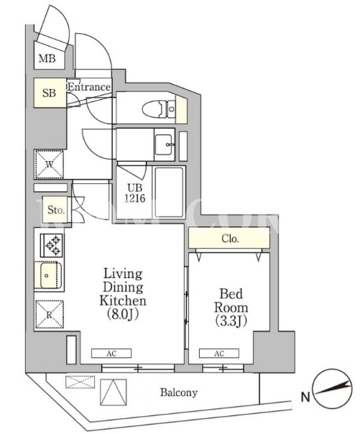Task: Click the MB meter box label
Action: pos(47,58)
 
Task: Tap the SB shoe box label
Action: pos(49,93)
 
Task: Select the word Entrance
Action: pos(89,87)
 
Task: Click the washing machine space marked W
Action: pos(50,165)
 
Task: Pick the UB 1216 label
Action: pos(135,193)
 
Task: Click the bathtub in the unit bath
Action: pos(169,192)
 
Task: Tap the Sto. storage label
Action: pos(56,210)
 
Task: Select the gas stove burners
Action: pos(52,245)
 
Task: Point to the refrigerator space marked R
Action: pos(50,315)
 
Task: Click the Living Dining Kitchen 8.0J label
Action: pos(123,294)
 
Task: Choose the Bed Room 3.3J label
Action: pos(231,308)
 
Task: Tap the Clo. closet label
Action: pos(230,239)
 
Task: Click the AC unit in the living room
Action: pos(111,354)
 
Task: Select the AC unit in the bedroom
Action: pos(219,354)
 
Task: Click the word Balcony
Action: pos(179,393)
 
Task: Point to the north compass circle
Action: pos(332,389)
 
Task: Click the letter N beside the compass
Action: pos(305,397)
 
